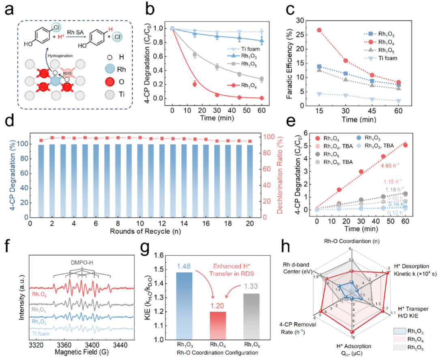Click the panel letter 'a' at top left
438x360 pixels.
9,9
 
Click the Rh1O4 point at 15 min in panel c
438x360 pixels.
319,30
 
